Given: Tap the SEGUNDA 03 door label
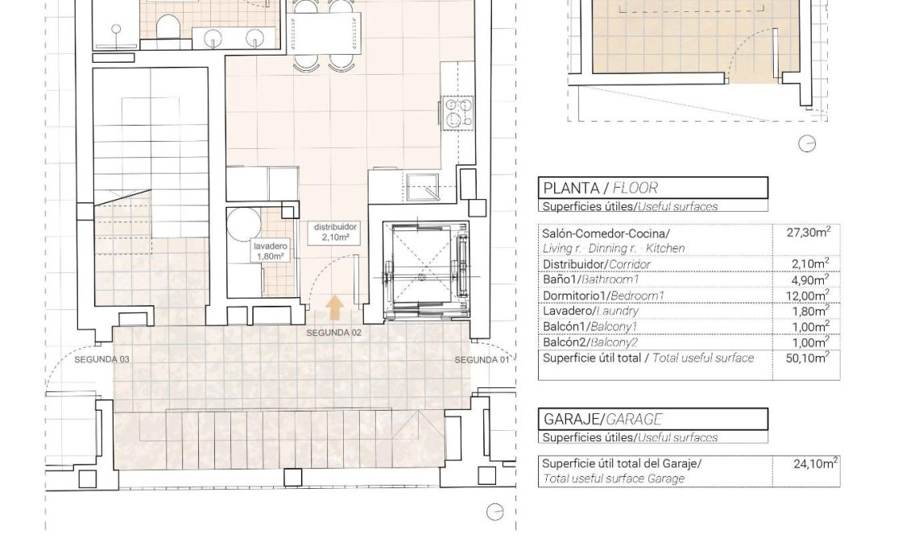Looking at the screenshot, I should coord(101,359).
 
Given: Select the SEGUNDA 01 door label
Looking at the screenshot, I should coord(482,359).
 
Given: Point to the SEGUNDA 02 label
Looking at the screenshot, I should coord(333,333).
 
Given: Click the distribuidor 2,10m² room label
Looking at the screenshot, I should coord(336,233).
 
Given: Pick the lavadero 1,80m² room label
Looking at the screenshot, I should coord(269,251).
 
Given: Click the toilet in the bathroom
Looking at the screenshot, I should coord(168,27).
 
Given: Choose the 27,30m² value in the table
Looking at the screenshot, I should coord(807,233).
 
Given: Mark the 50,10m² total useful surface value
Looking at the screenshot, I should coord(807,358).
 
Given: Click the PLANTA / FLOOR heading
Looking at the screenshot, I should coord(601,188).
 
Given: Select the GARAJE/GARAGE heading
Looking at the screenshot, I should coord(602,419).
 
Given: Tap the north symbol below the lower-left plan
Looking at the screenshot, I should coord(494,511).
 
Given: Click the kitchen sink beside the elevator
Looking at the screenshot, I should coord(422,185).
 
